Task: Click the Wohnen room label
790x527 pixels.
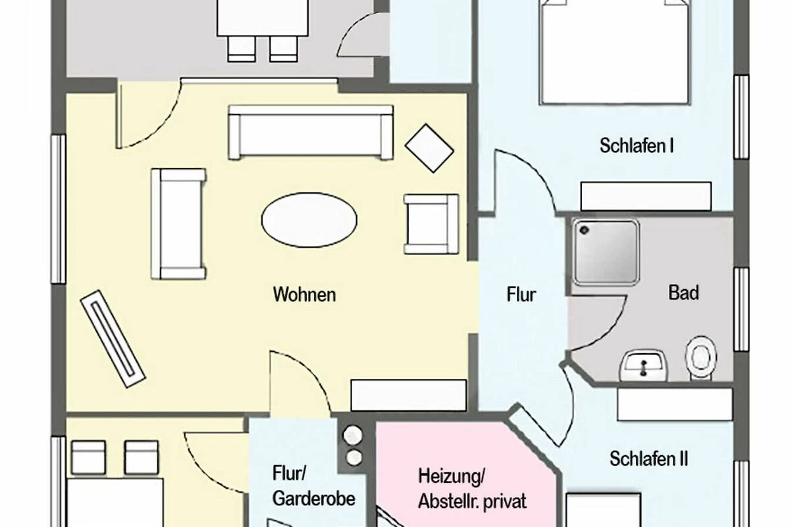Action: (x=304, y=294)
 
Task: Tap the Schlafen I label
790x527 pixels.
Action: (x=637, y=146)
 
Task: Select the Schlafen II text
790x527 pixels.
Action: (x=648, y=459)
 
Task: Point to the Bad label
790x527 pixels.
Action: (x=683, y=292)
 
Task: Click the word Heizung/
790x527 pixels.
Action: (x=452, y=476)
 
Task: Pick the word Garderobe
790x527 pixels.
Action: (x=313, y=499)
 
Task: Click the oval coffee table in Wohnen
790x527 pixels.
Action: (x=309, y=220)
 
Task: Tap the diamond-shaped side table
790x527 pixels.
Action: (x=429, y=148)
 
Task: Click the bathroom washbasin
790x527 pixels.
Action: (x=644, y=366)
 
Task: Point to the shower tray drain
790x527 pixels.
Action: (x=584, y=230)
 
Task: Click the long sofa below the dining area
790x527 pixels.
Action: (x=310, y=132)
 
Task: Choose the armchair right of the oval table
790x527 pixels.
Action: (x=432, y=224)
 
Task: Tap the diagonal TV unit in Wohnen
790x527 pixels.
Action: (x=113, y=339)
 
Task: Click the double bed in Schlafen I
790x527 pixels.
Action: (x=614, y=52)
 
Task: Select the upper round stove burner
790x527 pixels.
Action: (x=353, y=435)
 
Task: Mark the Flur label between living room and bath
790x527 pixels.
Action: (x=521, y=294)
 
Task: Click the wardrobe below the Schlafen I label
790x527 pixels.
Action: (x=646, y=196)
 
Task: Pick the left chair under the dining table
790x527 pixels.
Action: (x=242, y=49)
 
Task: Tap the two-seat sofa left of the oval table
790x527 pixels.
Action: (x=178, y=224)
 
